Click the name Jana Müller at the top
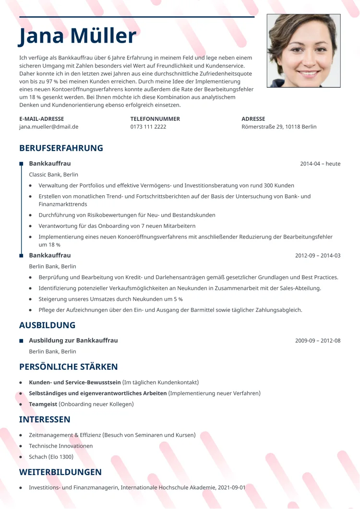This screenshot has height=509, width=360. tap(78, 36)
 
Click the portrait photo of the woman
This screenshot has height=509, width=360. tap(303, 50)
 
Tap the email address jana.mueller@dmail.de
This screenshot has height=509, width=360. tap(48, 127)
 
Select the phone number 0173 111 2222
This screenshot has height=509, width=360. tap(148, 127)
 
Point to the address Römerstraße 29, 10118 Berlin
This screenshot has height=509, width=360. tap(279, 127)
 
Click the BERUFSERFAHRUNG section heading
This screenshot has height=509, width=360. tap(61, 148)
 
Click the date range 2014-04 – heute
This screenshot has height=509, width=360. tap(320, 164)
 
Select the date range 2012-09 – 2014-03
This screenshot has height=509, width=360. tap(318, 255)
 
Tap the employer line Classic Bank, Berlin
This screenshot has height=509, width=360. tap(53, 175)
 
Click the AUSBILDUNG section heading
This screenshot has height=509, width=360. tap(47, 325)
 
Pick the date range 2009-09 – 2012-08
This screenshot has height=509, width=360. tap(318, 341)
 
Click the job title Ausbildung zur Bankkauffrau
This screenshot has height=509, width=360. tap(73, 341)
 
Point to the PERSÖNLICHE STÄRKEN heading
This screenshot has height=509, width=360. tap(68, 367)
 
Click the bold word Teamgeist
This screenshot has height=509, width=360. tap(43, 404)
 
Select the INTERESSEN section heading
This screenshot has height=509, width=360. tap(45, 419)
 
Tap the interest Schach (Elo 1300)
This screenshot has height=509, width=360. tap(51, 457)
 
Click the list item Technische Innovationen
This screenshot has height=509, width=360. tap(60, 446)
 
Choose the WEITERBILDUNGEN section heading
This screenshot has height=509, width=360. tap(60, 472)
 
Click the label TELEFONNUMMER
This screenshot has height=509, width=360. tap(155, 118)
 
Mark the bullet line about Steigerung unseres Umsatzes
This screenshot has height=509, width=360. tap(110, 299)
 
